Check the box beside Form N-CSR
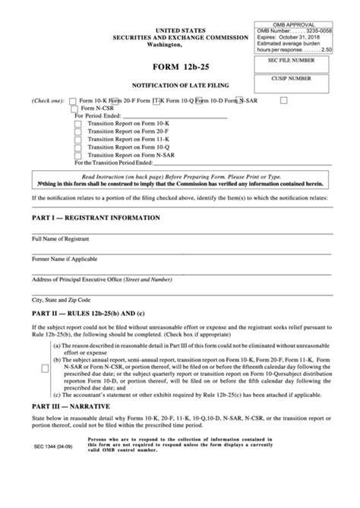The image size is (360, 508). [x=74, y=109]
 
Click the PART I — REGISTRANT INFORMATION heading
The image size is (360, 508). [x=96, y=217]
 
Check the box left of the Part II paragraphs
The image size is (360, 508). [x=45, y=368]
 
